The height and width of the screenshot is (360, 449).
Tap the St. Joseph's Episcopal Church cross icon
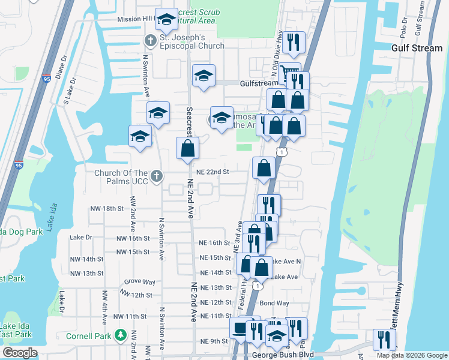[150, 40]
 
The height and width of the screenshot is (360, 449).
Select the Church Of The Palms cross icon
[157, 175]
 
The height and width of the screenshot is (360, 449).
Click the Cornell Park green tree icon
[120, 334]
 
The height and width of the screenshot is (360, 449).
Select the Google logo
[19, 353]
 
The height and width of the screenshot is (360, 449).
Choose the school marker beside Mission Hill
[166, 19]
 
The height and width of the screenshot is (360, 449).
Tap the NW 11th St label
[130, 316]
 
